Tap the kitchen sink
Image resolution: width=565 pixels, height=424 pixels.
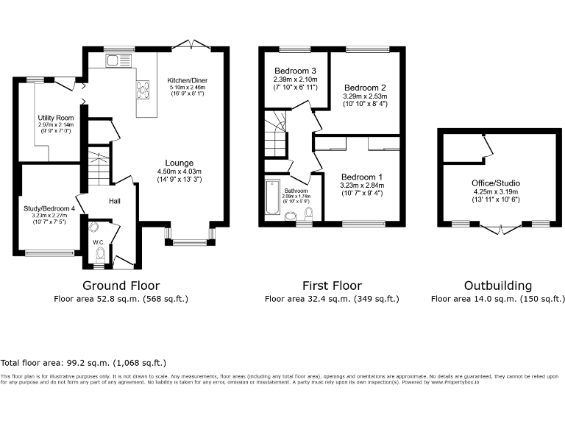click(x=116, y=60)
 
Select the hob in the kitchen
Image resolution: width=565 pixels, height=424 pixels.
click(x=141, y=89)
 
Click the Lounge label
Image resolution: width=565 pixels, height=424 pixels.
click(x=180, y=163)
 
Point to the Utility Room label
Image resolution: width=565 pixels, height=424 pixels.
click(x=56, y=118)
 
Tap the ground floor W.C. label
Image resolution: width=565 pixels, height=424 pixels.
click(x=98, y=241)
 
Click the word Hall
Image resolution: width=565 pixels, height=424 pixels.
click(x=116, y=201)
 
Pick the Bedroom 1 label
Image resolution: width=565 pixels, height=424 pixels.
click(x=361, y=177)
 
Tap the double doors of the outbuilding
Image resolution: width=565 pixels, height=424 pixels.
click(x=500, y=229)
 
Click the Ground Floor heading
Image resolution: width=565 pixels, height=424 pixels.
click(x=121, y=286)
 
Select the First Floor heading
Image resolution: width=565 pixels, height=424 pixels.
click(x=332, y=286)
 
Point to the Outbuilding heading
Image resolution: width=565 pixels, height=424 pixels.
click(x=498, y=286)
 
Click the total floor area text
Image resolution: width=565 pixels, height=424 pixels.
click(x=83, y=363)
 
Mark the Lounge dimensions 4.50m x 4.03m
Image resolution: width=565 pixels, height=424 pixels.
click(x=180, y=174)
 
